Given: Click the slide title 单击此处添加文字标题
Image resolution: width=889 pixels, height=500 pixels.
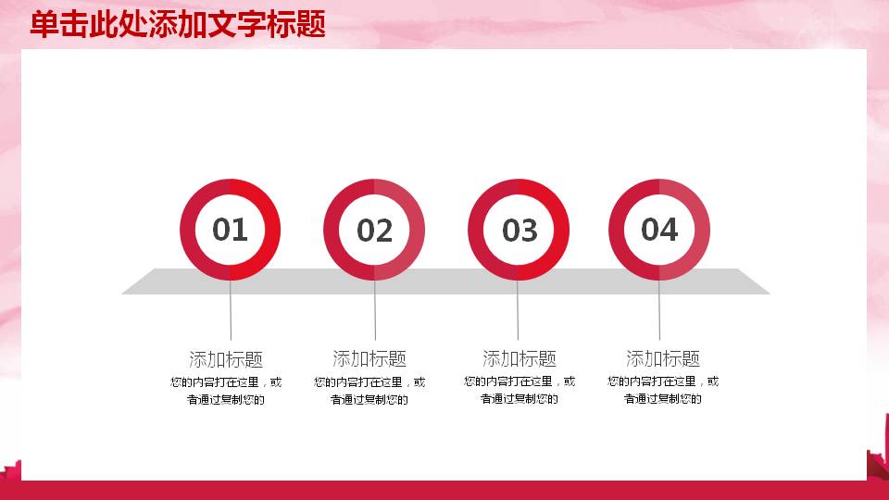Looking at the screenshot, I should [177, 25].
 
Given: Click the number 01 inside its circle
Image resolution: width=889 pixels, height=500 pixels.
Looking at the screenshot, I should [230, 229].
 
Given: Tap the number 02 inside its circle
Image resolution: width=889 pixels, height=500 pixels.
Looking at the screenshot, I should [374, 231].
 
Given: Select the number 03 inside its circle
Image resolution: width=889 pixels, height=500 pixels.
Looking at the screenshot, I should [519, 231].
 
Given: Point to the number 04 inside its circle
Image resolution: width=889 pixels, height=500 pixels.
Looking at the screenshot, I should [659, 229].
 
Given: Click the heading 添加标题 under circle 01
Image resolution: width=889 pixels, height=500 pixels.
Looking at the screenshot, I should [226, 359].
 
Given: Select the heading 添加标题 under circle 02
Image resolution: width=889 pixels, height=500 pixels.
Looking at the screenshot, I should [369, 359].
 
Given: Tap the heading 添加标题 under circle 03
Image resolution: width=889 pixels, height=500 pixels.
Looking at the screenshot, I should [520, 359].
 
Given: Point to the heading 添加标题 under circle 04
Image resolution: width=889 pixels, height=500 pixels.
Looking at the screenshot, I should [663, 359].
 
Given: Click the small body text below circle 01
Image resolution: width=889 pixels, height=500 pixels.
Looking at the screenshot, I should [226, 391].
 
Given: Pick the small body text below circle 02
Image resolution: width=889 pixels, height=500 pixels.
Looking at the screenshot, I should [369, 391].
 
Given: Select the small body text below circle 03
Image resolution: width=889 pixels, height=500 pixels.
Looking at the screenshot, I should [520, 391].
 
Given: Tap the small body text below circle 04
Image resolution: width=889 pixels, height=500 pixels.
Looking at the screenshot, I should [663, 391].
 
